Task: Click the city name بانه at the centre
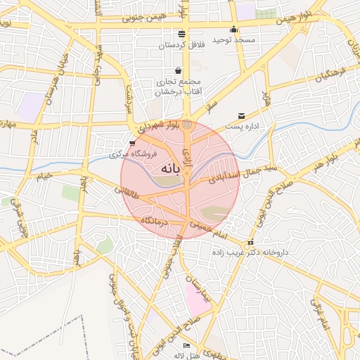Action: point(170,169)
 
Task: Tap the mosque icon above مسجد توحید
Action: point(234,30)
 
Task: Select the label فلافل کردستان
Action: point(179,45)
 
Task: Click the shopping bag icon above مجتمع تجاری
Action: point(177,70)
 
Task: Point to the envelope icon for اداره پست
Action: point(242,116)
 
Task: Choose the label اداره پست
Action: point(243,127)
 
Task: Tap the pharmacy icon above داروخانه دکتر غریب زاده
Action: point(250,243)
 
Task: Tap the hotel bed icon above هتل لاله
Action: point(186,346)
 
